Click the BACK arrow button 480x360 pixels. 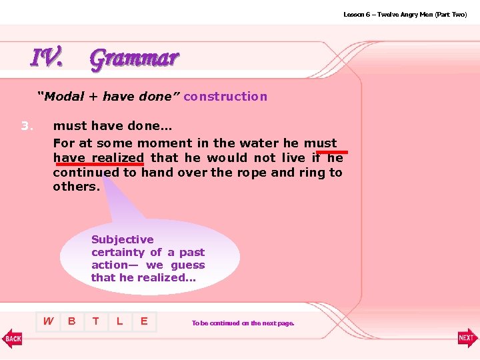click(13, 338)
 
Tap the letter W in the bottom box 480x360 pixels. click(48, 321)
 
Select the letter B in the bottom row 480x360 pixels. click(72, 321)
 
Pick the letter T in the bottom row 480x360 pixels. click(96, 321)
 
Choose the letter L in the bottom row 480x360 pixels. click(119, 321)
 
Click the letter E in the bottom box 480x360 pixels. click(143, 321)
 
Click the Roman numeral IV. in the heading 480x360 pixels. click(47, 58)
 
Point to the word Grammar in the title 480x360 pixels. click(134, 59)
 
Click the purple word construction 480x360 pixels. click(225, 97)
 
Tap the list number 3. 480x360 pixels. click(27, 125)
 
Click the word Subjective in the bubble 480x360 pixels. click(122, 239)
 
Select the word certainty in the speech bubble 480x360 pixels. click(117, 252)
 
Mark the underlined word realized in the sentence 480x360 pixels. click(117, 158)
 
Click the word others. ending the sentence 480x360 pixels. click(76, 187)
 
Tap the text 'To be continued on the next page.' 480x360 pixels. click(243, 323)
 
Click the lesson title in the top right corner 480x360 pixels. click(405, 14)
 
